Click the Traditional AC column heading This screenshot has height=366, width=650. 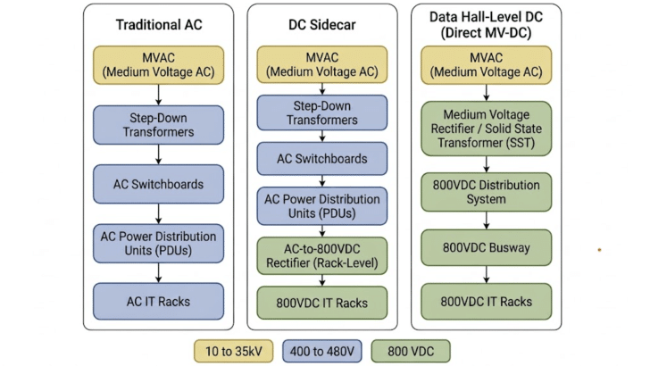[x=159, y=25]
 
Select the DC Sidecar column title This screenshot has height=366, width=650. [x=322, y=25]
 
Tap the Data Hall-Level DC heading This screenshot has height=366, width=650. [x=486, y=25]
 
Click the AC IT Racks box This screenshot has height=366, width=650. [x=158, y=302]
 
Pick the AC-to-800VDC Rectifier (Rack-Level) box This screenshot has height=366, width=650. [x=322, y=255]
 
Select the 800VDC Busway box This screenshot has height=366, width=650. [x=487, y=247]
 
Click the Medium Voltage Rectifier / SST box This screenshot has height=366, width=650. [x=487, y=129]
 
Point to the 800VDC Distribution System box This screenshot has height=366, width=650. [x=487, y=192]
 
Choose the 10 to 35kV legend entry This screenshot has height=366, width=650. [x=234, y=352]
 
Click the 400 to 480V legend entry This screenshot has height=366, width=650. [x=322, y=352]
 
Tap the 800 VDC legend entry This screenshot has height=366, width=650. [x=411, y=352]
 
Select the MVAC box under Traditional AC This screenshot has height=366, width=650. [x=158, y=65]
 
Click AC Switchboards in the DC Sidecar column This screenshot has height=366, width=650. [x=322, y=159]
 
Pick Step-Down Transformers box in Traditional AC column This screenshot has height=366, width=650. [x=158, y=125]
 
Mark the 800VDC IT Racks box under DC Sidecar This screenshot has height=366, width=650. [x=322, y=303]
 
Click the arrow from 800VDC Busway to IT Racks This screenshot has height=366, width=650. [x=487, y=274]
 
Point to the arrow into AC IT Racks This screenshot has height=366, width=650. [x=158, y=273]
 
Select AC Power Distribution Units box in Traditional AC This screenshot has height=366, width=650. [x=158, y=244]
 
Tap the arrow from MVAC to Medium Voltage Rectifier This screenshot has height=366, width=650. [x=487, y=93]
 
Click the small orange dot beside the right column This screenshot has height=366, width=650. [x=599, y=250]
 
